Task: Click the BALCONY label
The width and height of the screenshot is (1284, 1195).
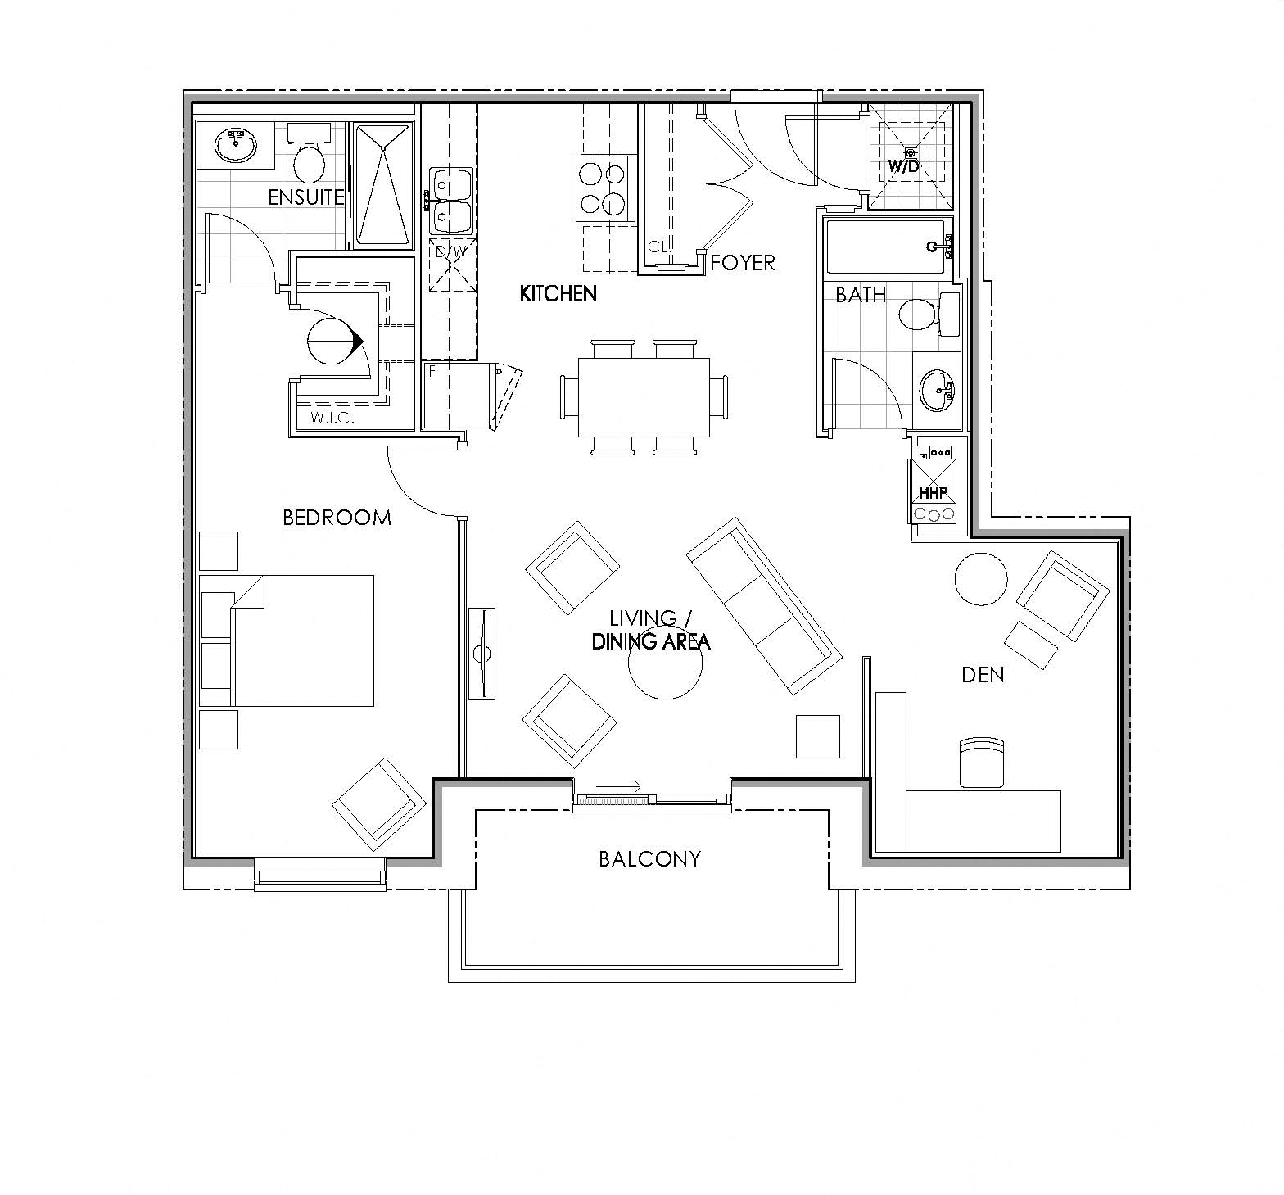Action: coord(649,858)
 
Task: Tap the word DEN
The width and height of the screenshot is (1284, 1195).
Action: coord(983,674)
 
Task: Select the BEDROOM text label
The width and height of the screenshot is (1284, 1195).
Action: coord(337,518)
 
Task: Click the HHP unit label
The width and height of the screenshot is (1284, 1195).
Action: coord(932,494)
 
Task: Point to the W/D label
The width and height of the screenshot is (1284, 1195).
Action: coord(904,166)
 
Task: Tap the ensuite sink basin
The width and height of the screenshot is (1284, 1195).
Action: coord(236,146)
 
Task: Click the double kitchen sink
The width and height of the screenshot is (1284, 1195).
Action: coord(450,201)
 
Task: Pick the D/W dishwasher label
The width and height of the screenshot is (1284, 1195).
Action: coord(450,251)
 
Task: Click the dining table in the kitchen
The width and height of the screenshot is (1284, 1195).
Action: coord(644,397)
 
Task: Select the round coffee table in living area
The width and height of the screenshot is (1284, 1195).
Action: coord(665,663)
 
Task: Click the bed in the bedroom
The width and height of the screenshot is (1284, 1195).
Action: coord(303,641)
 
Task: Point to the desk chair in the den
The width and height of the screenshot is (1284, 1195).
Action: coord(981,763)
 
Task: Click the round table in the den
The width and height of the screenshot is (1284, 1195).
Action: coord(981,579)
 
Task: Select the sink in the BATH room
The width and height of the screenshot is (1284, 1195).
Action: coord(936,391)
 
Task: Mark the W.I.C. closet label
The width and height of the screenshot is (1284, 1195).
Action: coord(331,419)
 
